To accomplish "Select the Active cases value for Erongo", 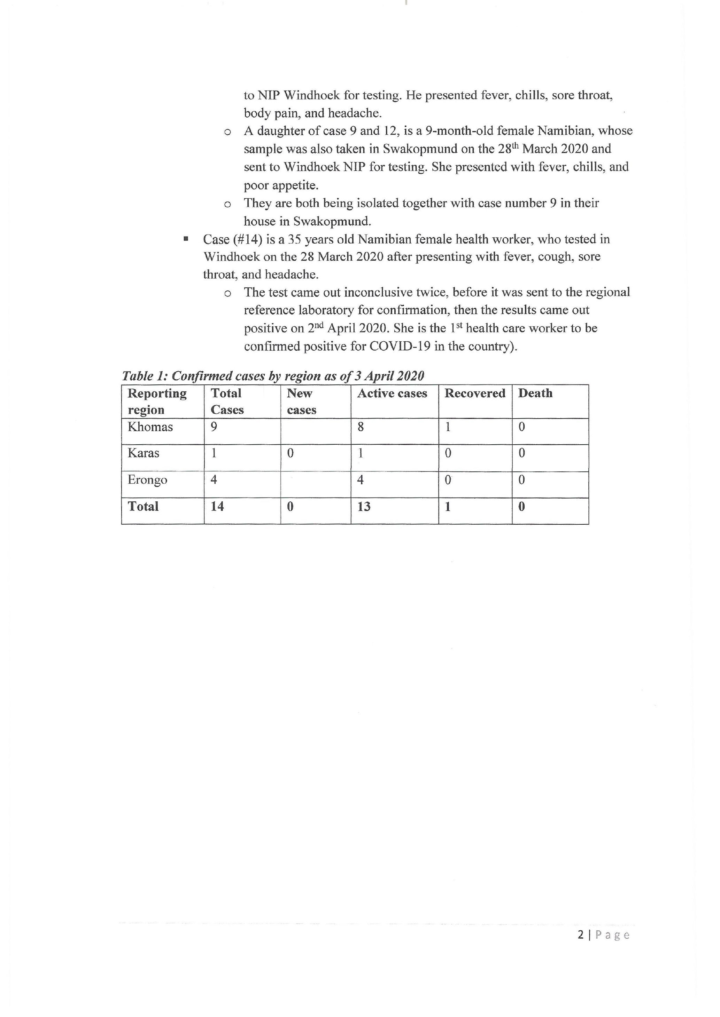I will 361,480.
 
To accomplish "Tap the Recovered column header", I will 475,393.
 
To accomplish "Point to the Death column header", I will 535,393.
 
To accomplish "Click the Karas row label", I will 143,453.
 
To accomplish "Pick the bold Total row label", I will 143,506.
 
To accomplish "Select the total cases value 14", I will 217,506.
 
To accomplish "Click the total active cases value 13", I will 364,506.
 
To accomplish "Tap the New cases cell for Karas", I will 291,453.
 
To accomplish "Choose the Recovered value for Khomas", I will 448,427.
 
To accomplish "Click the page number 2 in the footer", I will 581,935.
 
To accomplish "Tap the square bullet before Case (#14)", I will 186,239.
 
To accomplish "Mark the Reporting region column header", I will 157,401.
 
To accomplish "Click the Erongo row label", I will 147,480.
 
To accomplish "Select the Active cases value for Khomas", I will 361,427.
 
